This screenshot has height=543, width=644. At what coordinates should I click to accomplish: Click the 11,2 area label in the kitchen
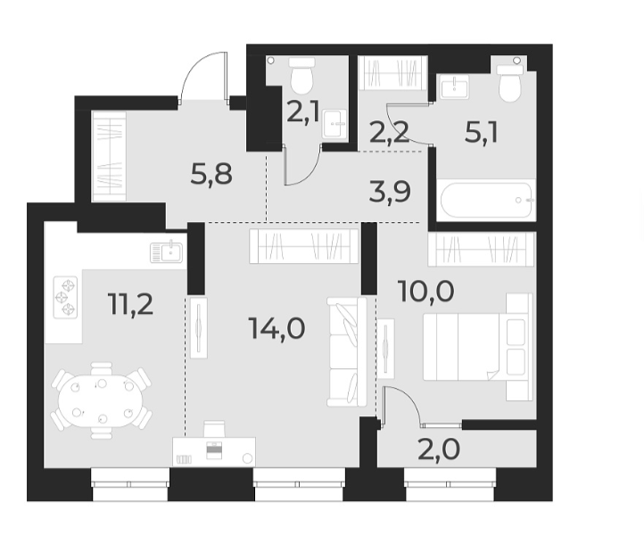pos(131,304)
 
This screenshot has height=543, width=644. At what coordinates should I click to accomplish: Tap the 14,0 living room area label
pos(277,328)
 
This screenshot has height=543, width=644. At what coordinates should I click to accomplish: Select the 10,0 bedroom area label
pos(425,290)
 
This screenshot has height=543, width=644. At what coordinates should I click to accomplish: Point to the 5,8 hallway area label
pos(211,173)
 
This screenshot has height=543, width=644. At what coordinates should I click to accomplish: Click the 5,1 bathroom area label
pos(481,133)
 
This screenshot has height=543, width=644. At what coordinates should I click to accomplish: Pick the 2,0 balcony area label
pos(439,448)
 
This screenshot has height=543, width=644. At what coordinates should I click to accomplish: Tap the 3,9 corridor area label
pos(390,190)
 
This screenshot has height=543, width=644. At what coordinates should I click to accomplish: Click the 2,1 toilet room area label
pos(304,112)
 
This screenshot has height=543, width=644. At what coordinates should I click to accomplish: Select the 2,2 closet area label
pos(389,133)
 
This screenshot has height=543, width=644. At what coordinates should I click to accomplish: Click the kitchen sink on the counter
pos(166,252)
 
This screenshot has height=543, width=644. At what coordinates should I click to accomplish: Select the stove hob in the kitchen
pos(66,298)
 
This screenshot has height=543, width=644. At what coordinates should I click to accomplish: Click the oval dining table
pos(100,400)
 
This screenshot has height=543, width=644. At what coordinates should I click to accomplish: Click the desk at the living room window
pos(214,450)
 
